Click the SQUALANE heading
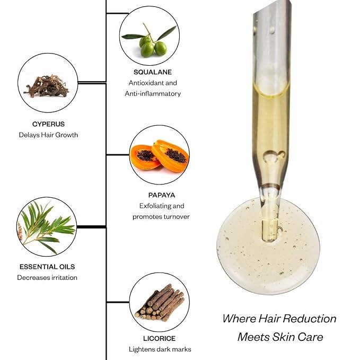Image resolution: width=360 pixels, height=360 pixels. [x=153, y=72]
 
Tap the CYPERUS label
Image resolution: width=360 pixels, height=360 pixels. [x=48, y=124]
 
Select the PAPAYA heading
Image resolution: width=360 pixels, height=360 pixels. [x=162, y=195]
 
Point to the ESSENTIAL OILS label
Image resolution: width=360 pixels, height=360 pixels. [x=47, y=267]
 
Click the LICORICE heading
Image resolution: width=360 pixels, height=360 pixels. [x=160, y=338]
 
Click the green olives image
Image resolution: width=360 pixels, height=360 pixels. [x=150, y=40]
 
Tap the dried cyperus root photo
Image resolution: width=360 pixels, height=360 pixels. [x=47, y=86]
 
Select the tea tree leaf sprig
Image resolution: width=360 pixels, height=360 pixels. [x=47, y=227]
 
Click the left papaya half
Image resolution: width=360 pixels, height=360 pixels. [x=144, y=157]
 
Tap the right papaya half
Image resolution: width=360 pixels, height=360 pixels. [x=171, y=156]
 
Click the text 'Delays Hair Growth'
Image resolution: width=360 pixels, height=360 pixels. [x=48, y=135]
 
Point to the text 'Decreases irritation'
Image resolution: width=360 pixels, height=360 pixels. [x=47, y=278]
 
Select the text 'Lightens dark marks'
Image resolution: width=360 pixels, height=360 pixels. [x=160, y=349]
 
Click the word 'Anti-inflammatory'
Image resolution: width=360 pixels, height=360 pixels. [x=153, y=94]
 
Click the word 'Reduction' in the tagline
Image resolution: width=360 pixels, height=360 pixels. [x=310, y=319]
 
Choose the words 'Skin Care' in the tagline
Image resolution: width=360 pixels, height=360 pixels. [x=297, y=337]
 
